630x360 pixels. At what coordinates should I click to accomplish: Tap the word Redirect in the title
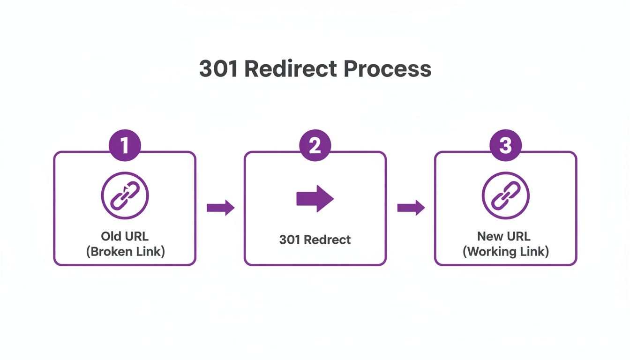291,69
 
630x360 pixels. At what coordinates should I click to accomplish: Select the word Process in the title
387,69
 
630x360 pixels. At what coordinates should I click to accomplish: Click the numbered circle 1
125,146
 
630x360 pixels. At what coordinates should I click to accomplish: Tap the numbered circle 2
315,146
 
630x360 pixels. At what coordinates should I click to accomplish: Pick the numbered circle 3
505,146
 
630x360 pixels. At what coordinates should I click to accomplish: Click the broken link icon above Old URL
125,195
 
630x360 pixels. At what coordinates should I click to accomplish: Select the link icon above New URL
505,195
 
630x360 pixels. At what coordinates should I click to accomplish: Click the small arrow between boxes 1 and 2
220,208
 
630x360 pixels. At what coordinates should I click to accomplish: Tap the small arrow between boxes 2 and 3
411,208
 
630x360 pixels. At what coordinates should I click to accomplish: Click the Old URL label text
125,236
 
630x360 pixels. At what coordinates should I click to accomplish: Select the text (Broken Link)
125,251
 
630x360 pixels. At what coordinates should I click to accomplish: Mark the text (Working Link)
505,251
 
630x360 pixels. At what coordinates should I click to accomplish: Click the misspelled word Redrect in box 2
327,240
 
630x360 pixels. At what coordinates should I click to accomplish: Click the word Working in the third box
492,251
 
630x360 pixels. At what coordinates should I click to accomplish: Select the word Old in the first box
111,236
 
